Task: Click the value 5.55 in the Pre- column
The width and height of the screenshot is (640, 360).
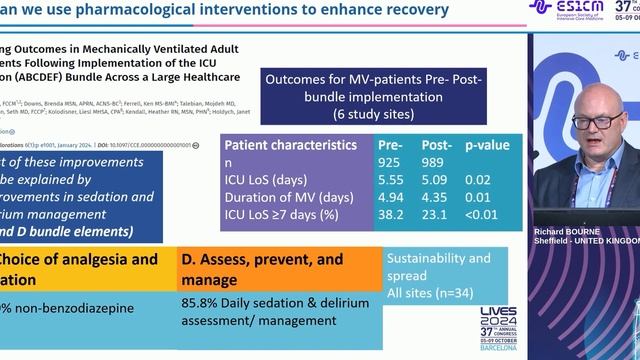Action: click(390, 181)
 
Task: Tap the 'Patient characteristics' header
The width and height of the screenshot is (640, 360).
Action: click(290, 145)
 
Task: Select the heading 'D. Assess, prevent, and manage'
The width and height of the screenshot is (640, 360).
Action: click(262, 268)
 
